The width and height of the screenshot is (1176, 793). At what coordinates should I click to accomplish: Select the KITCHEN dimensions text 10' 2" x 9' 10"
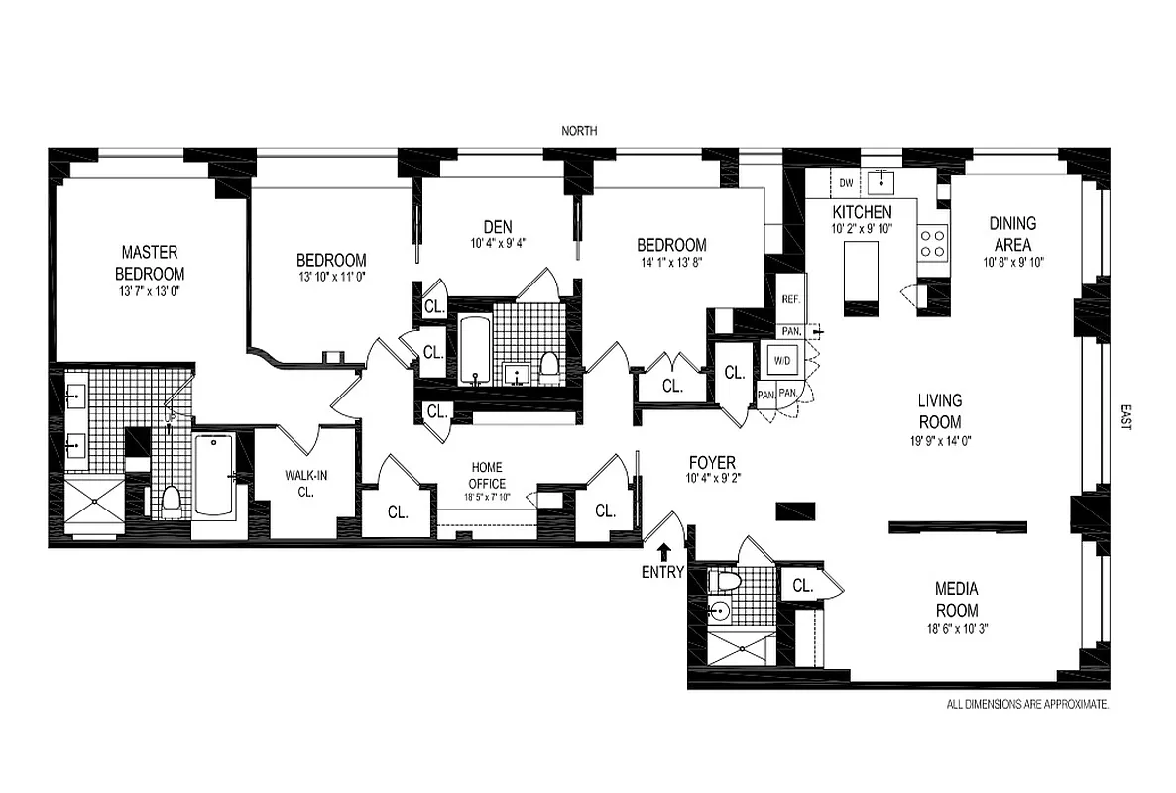(861, 228)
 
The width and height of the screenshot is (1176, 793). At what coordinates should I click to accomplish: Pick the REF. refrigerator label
(790, 299)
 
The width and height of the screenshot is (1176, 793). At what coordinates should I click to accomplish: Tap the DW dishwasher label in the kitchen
(846, 183)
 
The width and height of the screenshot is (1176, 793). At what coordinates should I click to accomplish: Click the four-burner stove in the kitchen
(932, 243)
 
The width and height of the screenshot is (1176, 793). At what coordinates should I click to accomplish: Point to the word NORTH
(580, 131)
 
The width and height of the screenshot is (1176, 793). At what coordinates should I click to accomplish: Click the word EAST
(1124, 416)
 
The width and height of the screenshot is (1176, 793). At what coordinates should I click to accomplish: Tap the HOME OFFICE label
(486, 475)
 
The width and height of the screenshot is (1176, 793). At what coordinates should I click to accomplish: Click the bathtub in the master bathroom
(213, 476)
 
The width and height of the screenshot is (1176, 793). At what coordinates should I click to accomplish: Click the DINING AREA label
(1011, 234)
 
